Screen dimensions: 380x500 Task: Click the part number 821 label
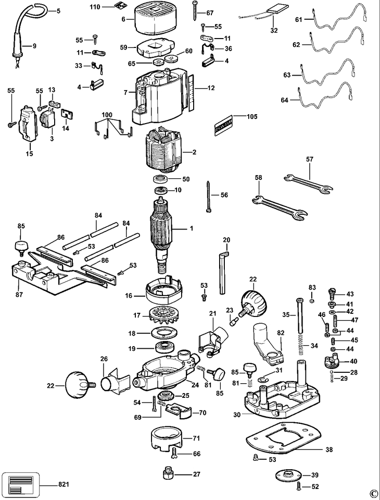click(x=64, y=484)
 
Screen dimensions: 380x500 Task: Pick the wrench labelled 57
click(x=309, y=184)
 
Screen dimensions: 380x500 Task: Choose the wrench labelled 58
click(x=280, y=208)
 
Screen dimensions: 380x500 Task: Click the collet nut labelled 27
click(x=168, y=474)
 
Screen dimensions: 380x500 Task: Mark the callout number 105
click(x=252, y=116)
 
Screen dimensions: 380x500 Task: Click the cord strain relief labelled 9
click(x=17, y=48)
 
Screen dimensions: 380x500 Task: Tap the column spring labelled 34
click(x=300, y=347)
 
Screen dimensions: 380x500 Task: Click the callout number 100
click(x=107, y=115)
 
